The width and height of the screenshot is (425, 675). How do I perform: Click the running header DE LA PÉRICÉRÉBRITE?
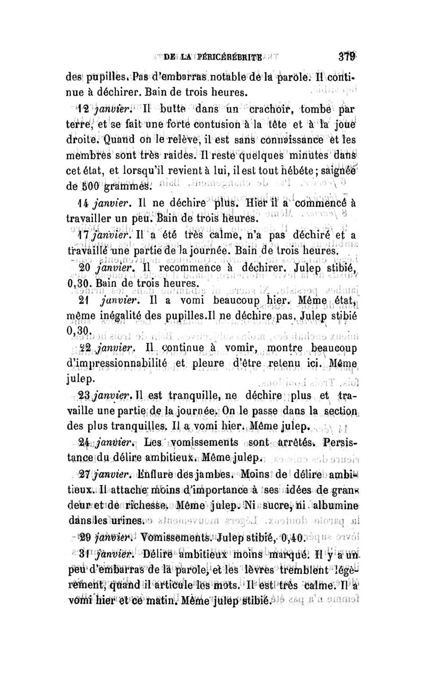(212, 57)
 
